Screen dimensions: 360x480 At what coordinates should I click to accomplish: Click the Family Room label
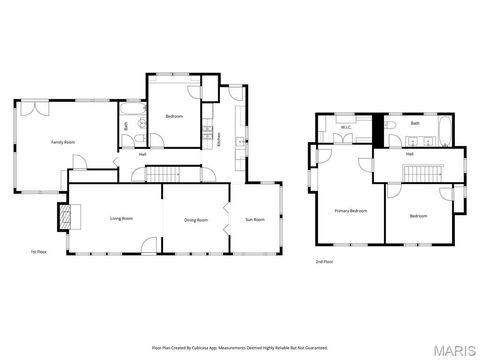[63, 142]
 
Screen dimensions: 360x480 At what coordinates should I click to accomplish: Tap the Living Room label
[122, 219]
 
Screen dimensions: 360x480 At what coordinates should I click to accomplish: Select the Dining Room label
[196, 219]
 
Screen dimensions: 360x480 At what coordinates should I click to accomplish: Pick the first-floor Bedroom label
[174, 117]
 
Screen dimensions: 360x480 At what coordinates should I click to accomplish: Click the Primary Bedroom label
[351, 211]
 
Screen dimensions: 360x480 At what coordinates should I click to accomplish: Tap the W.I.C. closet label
[345, 127]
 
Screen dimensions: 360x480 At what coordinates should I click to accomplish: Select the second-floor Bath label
[415, 123]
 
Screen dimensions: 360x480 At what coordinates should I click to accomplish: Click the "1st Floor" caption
[39, 252]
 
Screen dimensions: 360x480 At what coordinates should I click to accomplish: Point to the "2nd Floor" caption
[325, 262]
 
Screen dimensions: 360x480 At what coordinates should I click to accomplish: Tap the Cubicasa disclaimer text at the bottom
[240, 347]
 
